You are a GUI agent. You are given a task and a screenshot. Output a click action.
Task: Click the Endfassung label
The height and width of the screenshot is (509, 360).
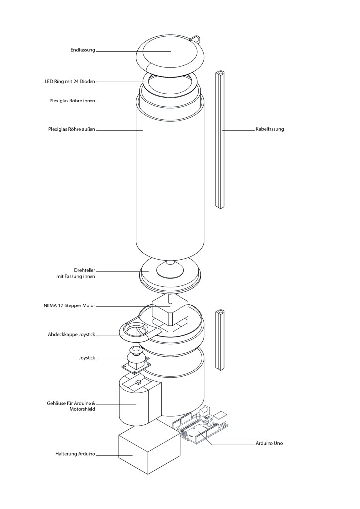(x=83, y=50)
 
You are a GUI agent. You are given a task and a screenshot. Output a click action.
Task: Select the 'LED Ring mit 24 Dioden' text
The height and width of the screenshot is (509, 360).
(x=70, y=81)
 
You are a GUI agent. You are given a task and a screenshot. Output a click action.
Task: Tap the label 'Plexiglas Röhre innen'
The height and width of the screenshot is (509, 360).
(x=72, y=101)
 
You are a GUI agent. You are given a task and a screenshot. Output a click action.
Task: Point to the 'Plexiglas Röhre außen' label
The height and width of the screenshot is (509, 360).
(x=72, y=129)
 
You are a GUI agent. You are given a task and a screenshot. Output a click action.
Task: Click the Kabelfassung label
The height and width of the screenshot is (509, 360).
(x=270, y=129)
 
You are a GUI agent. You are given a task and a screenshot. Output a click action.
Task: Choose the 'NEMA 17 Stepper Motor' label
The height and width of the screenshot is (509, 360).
(x=70, y=305)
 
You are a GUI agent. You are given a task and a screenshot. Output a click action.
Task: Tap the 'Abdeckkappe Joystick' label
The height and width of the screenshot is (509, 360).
(x=72, y=334)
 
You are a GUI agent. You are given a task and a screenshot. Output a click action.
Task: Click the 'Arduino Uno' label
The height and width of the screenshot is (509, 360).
(x=269, y=443)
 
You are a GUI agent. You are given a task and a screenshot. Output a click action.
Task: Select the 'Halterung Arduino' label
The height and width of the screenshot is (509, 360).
(x=75, y=453)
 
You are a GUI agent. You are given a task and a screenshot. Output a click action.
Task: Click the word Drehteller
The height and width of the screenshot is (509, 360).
(x=85, y=270)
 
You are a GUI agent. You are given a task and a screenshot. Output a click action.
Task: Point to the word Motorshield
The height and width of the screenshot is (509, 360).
(x=83, y=409)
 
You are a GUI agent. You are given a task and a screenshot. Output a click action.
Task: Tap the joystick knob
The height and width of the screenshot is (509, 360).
(x=137, y=353)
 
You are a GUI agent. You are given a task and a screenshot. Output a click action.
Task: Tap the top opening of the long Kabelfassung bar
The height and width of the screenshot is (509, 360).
(x=220, y=72)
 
